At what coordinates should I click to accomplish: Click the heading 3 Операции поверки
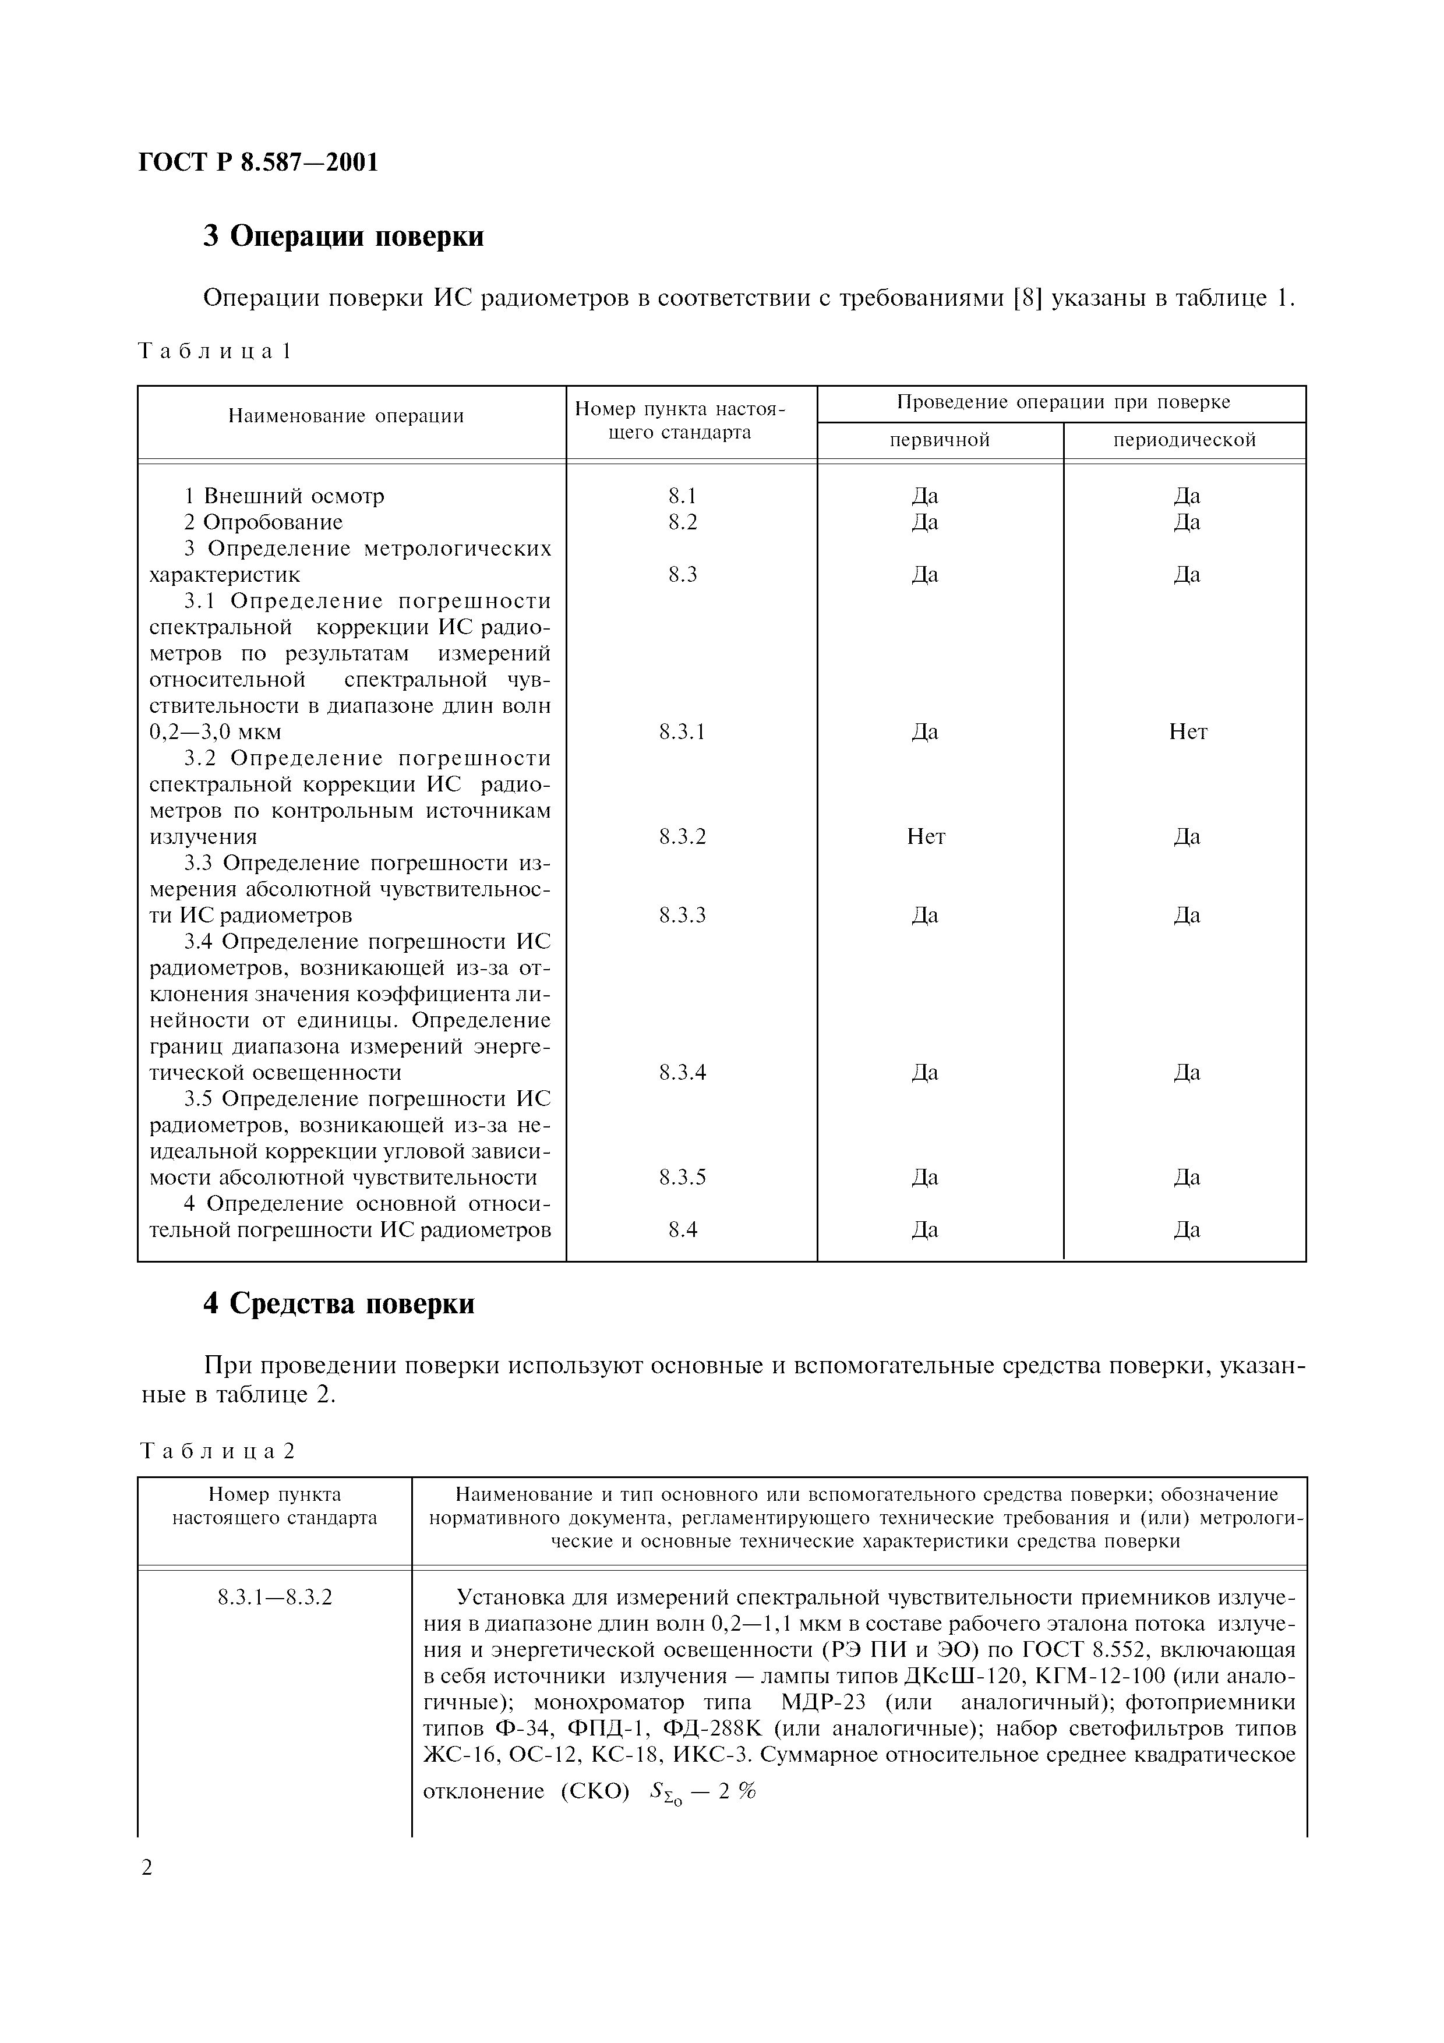point(344,236)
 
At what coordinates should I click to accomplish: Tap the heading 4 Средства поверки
point(339,1303)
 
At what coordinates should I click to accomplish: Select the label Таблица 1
point(216,352)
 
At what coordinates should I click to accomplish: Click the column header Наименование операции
point(346,416)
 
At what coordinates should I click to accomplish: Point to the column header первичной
point(940,440)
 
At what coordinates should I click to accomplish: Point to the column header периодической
point(1184,440)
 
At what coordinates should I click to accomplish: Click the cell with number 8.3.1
point(683,732)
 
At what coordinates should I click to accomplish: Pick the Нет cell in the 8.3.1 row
point(1188,732)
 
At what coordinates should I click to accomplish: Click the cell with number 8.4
point(683,1230)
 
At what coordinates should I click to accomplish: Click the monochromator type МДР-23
point(821,1703)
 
